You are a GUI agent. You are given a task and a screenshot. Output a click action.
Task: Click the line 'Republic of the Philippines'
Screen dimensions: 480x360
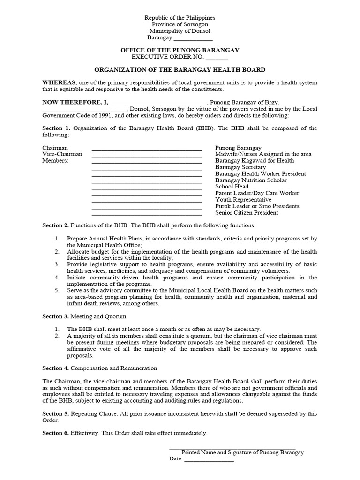(180, 18)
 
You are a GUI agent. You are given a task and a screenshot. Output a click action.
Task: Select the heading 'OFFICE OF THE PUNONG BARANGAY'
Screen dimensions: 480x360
(180, 50)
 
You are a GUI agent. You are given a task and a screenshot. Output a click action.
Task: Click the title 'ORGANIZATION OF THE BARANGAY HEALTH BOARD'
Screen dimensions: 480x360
(180, 69)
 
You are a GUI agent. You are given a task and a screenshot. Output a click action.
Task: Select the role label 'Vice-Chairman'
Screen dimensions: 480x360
(62, 154)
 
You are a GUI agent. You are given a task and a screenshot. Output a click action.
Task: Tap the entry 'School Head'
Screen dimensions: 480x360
(232, 187)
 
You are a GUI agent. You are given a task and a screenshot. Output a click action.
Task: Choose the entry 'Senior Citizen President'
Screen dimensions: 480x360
(247, 213)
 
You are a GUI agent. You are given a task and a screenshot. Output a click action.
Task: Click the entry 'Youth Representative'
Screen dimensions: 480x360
(243, 200)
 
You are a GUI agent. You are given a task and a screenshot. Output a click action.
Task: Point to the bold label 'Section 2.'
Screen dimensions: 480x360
(56, 226)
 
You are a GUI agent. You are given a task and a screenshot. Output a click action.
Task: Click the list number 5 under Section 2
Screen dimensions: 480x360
(56, 291)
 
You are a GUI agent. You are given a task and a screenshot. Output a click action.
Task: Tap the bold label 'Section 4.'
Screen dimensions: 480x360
(56, 368)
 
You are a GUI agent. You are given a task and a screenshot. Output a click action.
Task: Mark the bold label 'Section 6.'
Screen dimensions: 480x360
(56, 433)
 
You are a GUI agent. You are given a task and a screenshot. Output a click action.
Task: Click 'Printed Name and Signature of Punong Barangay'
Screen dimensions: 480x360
(242, 453)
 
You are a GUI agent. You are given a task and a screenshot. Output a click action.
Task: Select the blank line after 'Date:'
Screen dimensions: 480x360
(209, 459)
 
